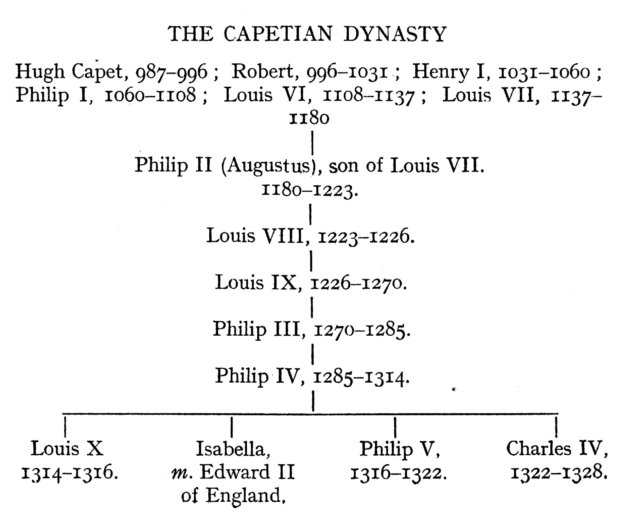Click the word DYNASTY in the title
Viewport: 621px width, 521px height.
[x=395, y=34]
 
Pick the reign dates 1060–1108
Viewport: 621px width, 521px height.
[x=150, y=96]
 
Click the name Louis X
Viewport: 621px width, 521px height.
[x=67, y=449]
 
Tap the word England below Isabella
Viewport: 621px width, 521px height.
[x=244, y=496]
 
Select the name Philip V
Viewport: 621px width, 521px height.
[x=399, y=449]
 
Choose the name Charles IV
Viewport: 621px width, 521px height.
[x=556, y=449]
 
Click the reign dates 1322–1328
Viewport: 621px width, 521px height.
[x=558, y=472]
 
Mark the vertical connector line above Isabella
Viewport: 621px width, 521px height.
[x=231, y=427]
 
